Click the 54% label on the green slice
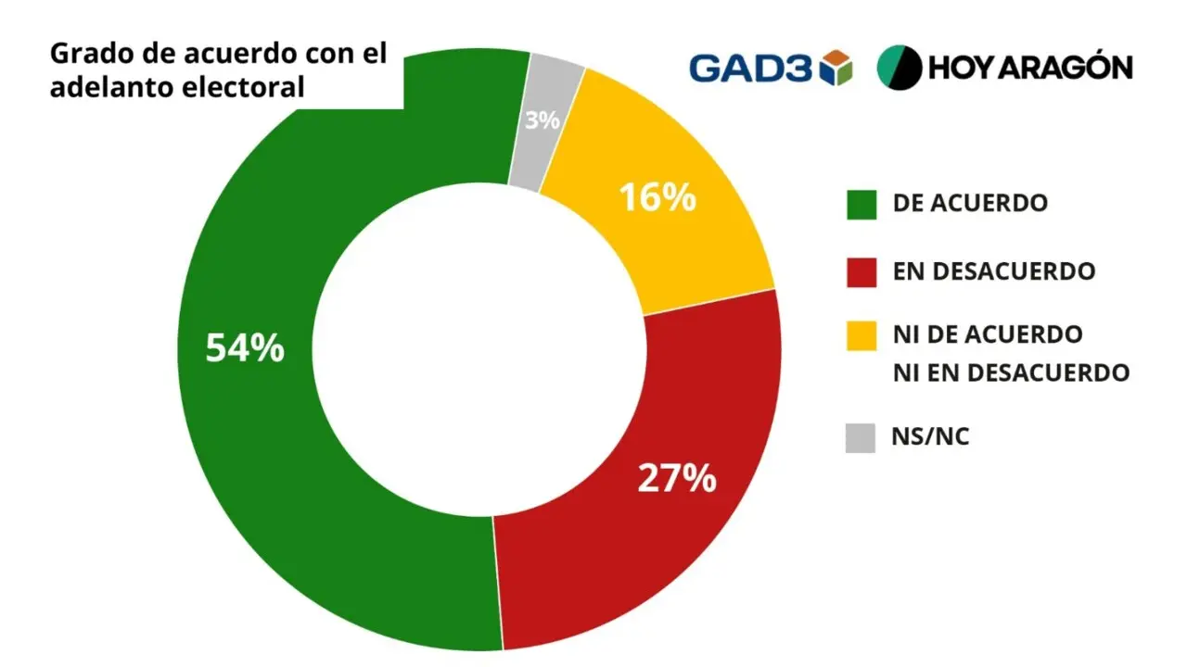pos(245,348)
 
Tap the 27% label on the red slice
pos(677,478)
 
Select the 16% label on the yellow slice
pos(657,197)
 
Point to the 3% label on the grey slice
pos(542,120)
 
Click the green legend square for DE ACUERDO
pos(862,205)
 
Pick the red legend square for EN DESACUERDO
pos(862,272)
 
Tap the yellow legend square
pos(862,335)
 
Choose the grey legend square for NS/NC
pos(860,438)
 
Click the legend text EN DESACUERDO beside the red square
pos(994,271)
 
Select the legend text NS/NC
pos(930,436)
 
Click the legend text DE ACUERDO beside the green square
pos(970,203)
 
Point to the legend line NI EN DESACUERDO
pos(1011,372)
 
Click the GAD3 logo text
pos(750,69)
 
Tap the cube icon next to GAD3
pos(836,68)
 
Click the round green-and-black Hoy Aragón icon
pos(900,68)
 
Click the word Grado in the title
pos(87,54)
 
